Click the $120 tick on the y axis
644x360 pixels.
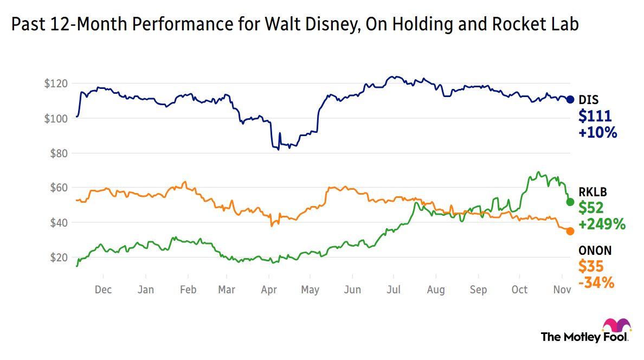click(x=56, y=83)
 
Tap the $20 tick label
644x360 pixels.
click(x=58, y=257)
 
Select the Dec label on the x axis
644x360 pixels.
click(x=103, y=290)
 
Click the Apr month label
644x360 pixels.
click(x=269, y=290)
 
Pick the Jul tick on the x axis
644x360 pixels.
click(x=394, y=290)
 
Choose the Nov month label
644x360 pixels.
click(x=562, y=290)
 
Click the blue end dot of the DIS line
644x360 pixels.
click(x=570, y=99)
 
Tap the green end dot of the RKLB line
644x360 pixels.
click(x=570, y=202)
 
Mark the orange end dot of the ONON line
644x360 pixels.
click(x=570, y=232)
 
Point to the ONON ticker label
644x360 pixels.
click(x=594, y=250)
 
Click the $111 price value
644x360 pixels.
click(x=595, y=115)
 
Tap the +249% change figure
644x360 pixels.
click(x=602, y=223)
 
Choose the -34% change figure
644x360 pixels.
click(x=596, y=282)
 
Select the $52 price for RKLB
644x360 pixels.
click(x=590, y=207)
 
